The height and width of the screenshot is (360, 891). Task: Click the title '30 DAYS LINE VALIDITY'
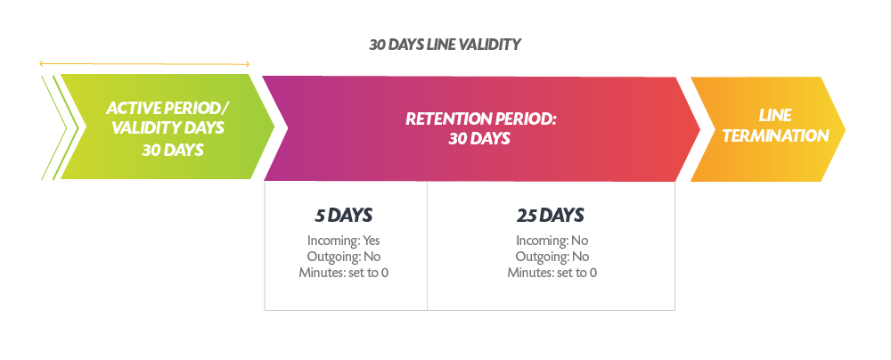click(445, 45)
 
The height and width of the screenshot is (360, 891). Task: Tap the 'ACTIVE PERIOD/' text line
click(168, 108)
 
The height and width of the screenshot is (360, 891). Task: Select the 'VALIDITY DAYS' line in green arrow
click(168, 127)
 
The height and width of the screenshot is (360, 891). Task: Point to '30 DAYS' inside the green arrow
click(173, 150)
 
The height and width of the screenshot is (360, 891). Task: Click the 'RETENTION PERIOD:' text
click(481, 119)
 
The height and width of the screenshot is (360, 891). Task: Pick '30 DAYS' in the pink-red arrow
click(479, 139)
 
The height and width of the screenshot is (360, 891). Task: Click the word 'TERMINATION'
click(776, 136)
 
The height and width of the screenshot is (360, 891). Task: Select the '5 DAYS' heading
click(344, 216)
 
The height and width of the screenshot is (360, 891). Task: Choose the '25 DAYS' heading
click(550, 216)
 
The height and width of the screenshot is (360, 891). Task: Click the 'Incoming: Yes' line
click(344, 241)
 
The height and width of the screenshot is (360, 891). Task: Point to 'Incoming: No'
click(552, 241)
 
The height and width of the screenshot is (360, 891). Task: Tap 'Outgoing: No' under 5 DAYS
click(344, 257)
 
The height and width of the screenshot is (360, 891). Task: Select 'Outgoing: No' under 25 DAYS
click(552, 257)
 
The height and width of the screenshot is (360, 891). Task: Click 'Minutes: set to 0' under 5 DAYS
click(344, 273)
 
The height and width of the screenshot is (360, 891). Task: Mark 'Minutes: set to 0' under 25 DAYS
click(552, 273)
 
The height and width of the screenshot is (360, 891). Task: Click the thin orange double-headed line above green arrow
click(144, 63)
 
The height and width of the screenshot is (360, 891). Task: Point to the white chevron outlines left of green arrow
click(57, 127)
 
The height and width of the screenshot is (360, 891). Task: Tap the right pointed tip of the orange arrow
click(845, 130)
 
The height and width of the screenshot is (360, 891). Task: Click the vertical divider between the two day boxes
click(427, 246)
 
